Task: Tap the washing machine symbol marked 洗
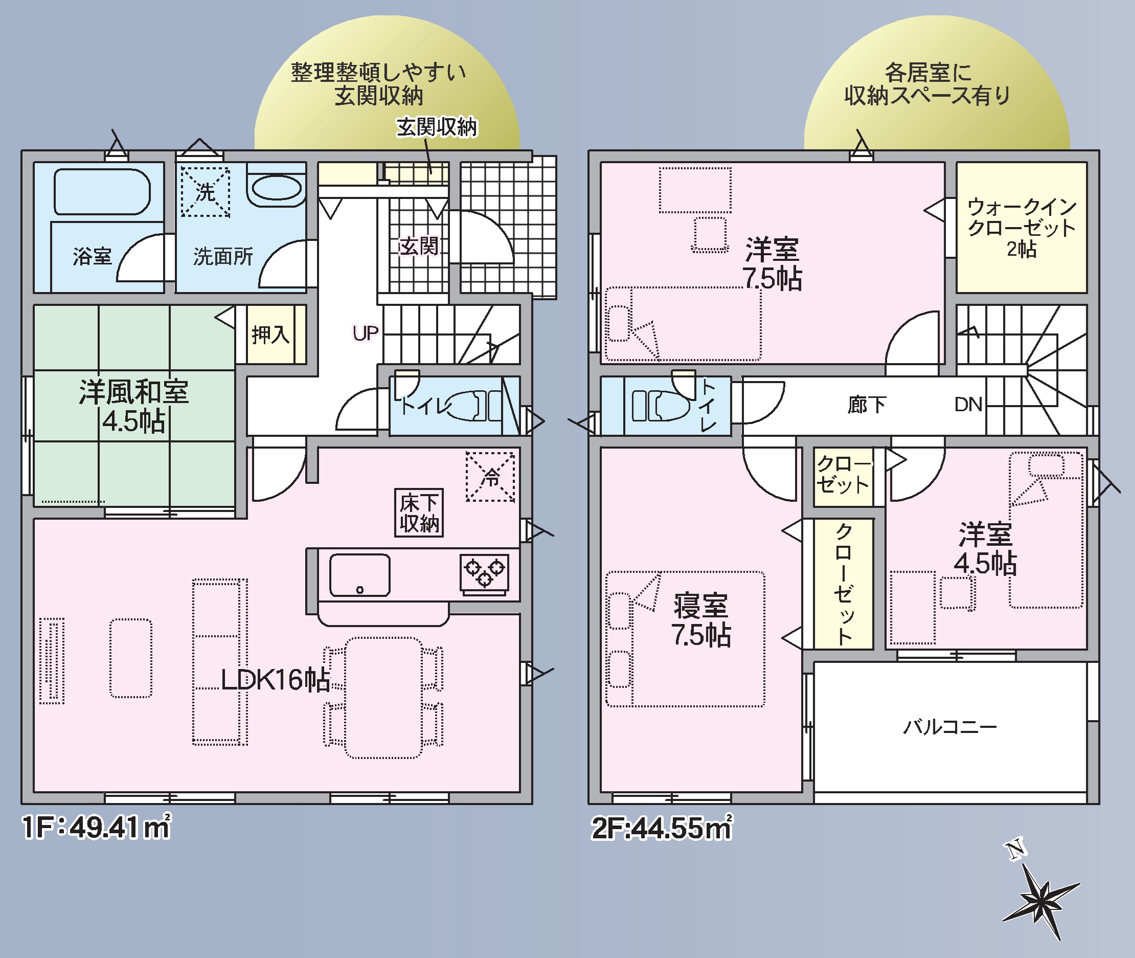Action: point(205,192)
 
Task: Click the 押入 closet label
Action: point(270,335)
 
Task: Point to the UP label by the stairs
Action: point(366,333)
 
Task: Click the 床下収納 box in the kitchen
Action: point(419,513)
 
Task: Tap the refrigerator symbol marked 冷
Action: point(490,476)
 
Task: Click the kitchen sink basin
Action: point(360,575)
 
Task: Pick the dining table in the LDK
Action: point(383,697)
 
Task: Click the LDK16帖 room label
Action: point(275,679)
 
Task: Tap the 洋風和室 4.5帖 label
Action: point(133,406)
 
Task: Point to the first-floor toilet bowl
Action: point(466,406)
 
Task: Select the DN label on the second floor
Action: point(968,405)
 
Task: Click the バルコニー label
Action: point(950,727)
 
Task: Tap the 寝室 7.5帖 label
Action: point(701,620)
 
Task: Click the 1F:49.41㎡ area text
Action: point(97,827)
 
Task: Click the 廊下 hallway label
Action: point(867,405)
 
